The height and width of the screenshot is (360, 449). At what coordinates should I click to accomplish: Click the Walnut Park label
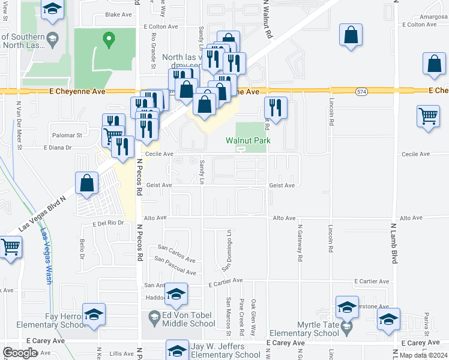click(248, 140)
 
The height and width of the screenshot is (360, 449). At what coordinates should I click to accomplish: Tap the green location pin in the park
click(109, 40)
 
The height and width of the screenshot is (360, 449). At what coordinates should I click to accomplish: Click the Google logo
click(20, 353)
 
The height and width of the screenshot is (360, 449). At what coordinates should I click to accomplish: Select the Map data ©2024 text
click(423, 355)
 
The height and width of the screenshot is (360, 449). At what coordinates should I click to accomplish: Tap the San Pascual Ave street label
click(175, 266)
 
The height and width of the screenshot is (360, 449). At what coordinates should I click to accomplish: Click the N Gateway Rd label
click(299, 244)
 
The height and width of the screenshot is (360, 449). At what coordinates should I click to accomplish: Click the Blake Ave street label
click(117, 14)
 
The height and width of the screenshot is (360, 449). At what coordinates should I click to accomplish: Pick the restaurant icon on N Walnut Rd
click(276, 108)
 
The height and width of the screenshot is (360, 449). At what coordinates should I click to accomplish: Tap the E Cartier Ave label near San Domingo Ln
click(225, 280)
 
